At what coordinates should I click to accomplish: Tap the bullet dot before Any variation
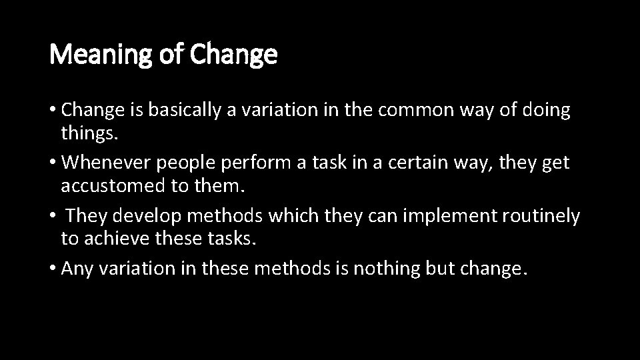click(x=53, y=269)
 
